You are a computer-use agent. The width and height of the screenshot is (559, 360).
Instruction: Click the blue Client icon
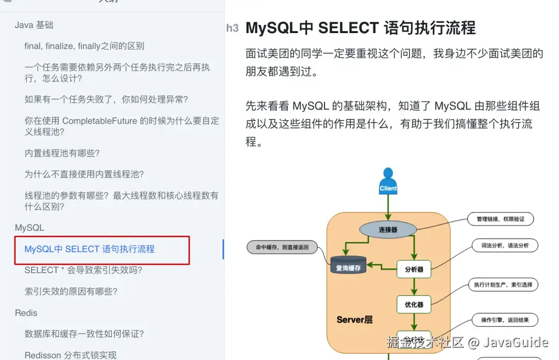[x=388, y=182]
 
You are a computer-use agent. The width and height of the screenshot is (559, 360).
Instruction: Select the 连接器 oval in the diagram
[x=388, y=229]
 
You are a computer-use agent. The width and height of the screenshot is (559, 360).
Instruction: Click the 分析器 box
[x=414, y=269]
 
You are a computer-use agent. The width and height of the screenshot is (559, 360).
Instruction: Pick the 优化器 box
[x=414, y=305]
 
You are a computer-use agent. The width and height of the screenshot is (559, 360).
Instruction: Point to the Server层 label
[x=355, y=320]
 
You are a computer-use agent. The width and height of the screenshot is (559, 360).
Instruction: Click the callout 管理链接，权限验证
[x=500, y=219]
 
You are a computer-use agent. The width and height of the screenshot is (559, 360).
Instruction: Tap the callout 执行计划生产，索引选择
[x=503, y=284]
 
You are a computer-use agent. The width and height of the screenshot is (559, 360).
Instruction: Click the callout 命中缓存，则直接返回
[x=282, y=247]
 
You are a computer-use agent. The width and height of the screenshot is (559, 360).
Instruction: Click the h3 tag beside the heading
[x=232, y=28]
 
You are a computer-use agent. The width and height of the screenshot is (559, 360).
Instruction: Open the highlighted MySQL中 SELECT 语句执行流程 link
[x=90, y=249]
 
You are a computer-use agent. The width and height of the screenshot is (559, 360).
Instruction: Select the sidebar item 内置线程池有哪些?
[x=62, y=153]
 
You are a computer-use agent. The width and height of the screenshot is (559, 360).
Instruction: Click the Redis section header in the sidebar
[x=26, y=313]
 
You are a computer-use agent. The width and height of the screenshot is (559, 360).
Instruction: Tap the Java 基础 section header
[x=34, y=25]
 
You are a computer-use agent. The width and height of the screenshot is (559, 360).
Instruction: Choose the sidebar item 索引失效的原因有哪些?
[x=71, y=291]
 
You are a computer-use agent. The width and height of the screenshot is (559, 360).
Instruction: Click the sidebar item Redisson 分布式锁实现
[x=70, y=355]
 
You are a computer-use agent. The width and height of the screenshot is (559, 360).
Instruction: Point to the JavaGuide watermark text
[x=516, y=342]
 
